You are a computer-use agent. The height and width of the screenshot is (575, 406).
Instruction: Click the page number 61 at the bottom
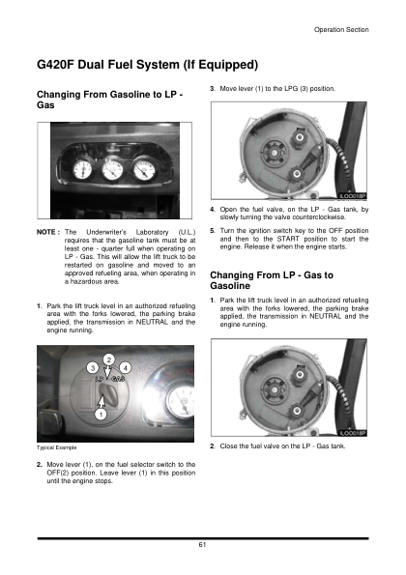202,545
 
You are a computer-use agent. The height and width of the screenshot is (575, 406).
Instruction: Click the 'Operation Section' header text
341,30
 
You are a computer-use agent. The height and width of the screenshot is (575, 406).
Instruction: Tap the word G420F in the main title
55,65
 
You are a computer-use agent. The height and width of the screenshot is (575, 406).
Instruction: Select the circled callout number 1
101,415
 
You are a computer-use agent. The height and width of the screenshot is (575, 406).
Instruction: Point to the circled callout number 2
108,359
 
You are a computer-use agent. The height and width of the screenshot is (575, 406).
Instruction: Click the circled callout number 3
93,368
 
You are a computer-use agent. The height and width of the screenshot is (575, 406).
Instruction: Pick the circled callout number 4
126,368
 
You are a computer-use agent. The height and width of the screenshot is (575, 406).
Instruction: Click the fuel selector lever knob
105,391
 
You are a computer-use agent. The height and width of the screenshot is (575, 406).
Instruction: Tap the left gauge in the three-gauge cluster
82,170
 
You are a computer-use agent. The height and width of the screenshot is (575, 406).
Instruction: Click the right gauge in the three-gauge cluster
144,170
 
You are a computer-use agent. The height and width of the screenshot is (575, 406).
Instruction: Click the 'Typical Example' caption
56,447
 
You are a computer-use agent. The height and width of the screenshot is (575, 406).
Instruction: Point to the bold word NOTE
46,232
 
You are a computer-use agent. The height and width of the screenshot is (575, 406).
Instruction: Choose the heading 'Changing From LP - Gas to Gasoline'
272,280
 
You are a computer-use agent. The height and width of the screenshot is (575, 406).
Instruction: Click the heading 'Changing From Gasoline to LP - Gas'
109,100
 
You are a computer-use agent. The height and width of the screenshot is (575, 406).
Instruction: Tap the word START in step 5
288,239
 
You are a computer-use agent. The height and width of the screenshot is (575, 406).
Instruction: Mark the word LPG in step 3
291,89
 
